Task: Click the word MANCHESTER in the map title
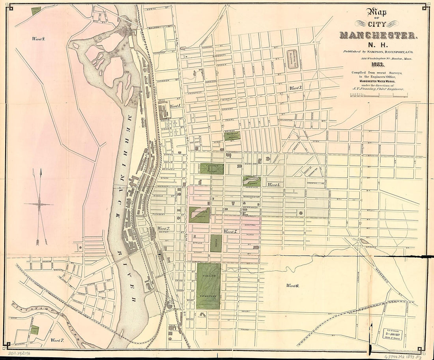pos(378,36)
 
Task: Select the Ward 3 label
pos(296,88)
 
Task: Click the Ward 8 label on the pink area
pos(39,39)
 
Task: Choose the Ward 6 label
pos(293,285)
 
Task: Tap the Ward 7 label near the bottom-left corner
pos(57,339)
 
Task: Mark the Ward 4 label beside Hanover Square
pos(274,185)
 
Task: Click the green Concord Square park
pos(211,169)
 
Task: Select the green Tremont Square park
pos(232,136)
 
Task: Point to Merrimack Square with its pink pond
pos(199,215)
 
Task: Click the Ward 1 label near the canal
pos(175,106)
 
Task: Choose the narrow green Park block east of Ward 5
pos(216,243)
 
